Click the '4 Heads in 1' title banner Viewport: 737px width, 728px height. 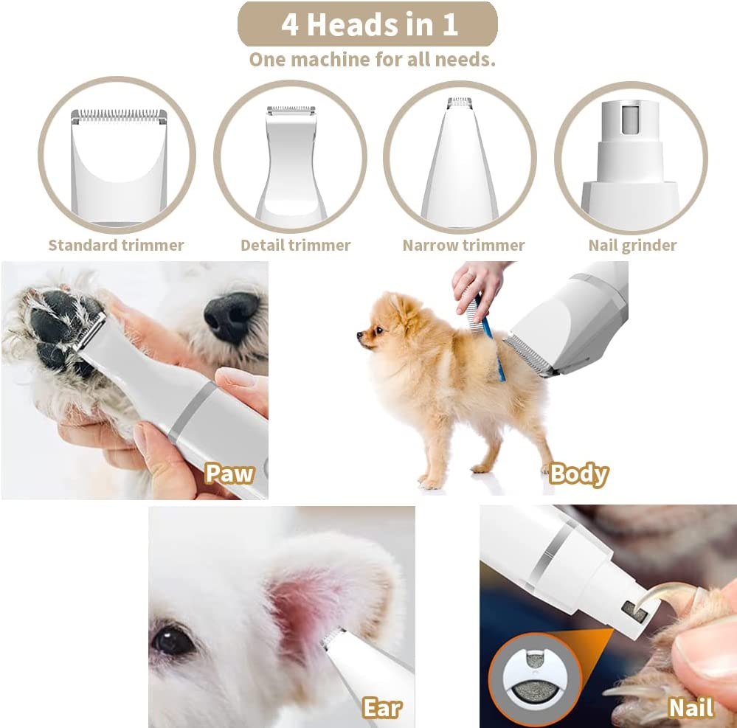(367, 24)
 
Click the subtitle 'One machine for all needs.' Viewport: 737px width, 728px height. (372, 60)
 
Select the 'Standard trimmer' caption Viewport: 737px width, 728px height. (116, 245)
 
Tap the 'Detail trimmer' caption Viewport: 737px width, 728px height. (295, 245)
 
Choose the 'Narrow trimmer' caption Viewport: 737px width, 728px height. (463, 245)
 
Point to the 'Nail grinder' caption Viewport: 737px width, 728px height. (632, 245)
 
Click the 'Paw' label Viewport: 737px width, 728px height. (229, 473)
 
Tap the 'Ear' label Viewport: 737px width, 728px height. (381, 708)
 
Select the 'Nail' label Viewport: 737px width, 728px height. (691, 708)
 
